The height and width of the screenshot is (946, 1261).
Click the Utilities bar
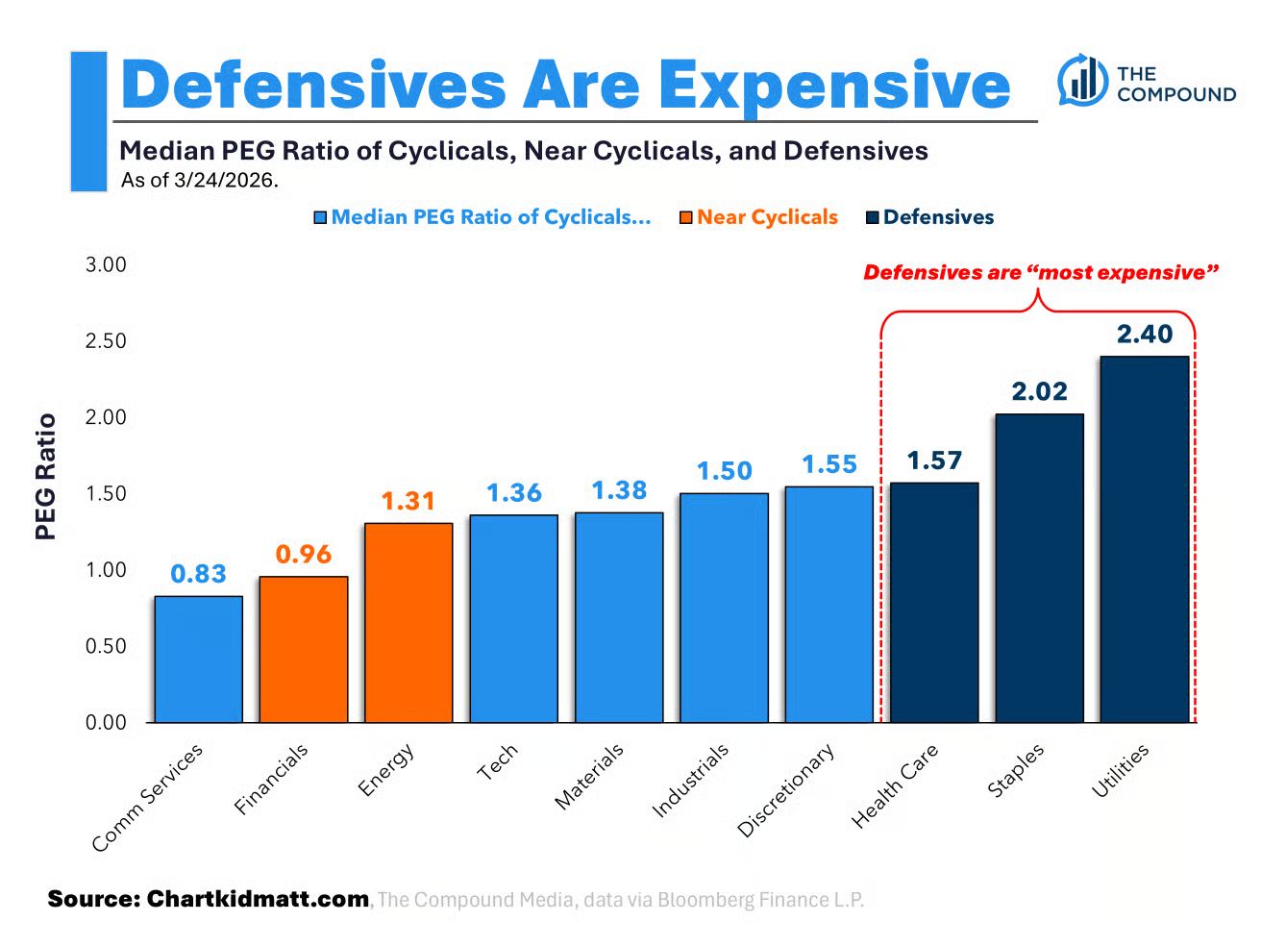[x=1144, y=538]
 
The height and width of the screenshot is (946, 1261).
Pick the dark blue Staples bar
[x=1039, y=567]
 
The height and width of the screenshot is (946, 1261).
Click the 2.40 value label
[x=1144, y=334]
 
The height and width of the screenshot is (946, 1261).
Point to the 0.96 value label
[x=303, y=554]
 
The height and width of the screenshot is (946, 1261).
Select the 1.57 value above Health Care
[x=934, y=461]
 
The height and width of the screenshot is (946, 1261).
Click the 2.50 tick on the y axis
[x=106, y=341]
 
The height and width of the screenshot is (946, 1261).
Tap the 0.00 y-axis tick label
[x=106, y=722]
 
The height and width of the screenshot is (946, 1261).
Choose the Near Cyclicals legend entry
[x=767, y=217]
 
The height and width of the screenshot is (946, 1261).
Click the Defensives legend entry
[x=938, y=217]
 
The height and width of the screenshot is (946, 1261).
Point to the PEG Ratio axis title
[x=45, y=476]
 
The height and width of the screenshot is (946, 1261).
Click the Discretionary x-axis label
[x=786, y=790]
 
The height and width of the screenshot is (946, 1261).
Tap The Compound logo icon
[x=1082, y=81]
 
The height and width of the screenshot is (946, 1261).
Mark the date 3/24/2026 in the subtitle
[x=225, y=180]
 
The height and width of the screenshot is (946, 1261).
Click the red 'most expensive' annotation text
[x=1041, y=272]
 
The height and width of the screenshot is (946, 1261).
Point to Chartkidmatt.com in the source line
[x=258, y=899]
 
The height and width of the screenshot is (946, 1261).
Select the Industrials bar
[x=724, y=607]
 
